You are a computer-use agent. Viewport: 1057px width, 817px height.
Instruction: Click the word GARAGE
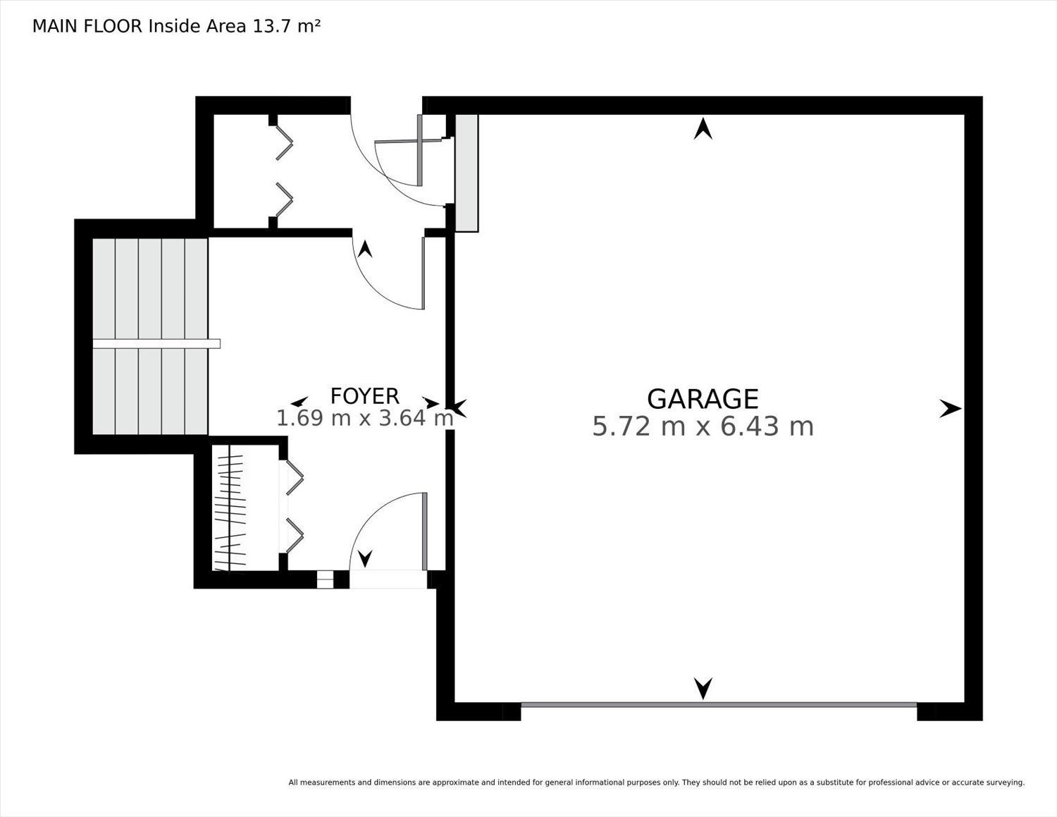[703, 399]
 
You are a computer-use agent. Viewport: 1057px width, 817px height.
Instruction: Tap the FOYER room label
[365, 396]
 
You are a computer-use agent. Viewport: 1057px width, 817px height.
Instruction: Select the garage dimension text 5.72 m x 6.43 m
[703, 426]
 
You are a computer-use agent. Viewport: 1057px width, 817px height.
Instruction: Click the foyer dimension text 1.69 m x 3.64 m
[365, 418]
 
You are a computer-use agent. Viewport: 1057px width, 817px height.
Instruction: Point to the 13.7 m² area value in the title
[286, 26]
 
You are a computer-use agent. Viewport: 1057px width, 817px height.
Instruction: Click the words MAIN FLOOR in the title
[87, 26]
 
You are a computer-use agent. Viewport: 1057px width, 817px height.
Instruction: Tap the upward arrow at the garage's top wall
[703, 129]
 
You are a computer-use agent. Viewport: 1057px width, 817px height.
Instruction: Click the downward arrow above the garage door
[703, 688]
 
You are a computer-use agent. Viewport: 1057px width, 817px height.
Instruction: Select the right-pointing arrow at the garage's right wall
[950, 408]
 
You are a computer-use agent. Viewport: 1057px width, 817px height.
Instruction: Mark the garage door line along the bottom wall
[719, 705]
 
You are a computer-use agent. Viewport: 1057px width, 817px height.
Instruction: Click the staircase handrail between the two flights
[156, 343]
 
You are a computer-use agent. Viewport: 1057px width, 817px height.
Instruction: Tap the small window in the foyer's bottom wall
[325, 579]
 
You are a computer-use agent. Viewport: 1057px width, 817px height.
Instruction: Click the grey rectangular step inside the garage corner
[466, 173]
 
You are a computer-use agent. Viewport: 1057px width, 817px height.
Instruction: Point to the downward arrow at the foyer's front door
[365, 558]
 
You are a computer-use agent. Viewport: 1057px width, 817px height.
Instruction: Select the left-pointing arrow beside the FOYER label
[299, 401]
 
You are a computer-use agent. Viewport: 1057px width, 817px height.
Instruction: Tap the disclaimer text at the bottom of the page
[657, 782]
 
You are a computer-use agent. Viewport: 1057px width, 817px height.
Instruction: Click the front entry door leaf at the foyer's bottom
[424, 532]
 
